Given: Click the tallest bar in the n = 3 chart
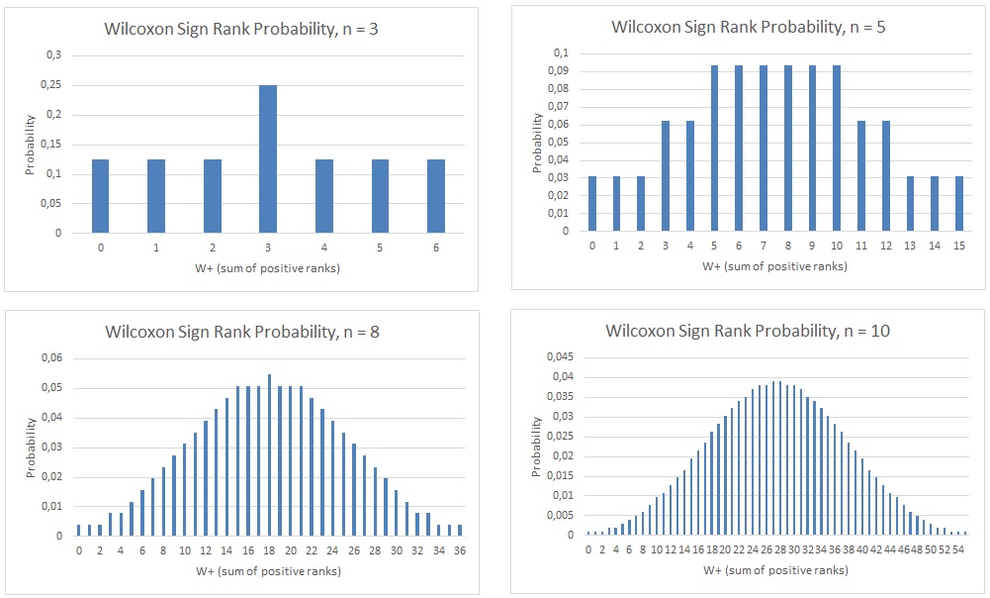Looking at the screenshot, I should tap(269, 158).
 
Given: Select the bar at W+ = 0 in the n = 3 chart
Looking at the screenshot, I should tap(101, 196).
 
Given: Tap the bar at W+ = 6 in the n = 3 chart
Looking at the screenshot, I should tap(436, 196).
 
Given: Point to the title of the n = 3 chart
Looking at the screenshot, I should tap(241, 29).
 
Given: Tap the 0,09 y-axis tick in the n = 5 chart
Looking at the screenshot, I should tap(561, 70).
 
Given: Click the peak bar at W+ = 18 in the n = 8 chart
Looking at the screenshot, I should tap(270, 455).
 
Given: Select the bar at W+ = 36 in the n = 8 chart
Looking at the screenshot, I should tap(460, 530).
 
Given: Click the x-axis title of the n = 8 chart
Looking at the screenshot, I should tap(269, 571).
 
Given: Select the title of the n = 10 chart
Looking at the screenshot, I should tap(748, 330).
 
